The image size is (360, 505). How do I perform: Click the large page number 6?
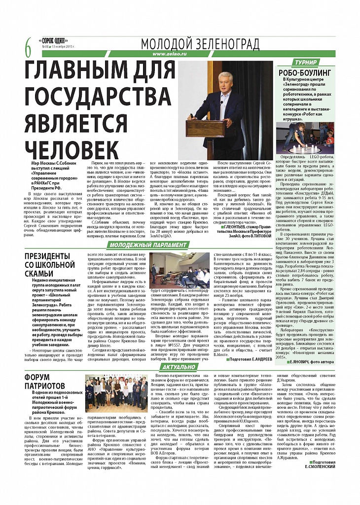pos(28,48)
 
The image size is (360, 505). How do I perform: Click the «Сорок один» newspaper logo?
pos(54,40)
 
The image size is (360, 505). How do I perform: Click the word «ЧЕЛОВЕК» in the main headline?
pos(72,147)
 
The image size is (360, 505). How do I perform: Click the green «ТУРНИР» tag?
pos(306,63)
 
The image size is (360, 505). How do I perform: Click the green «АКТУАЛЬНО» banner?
pos(178,367)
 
